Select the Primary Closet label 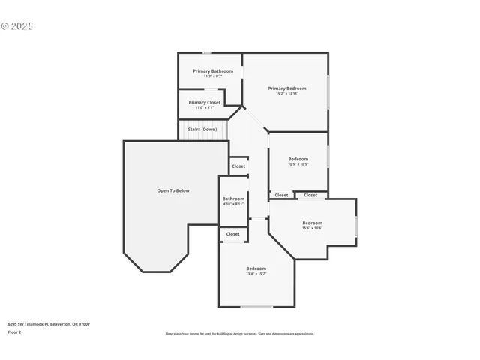[x=205, y=102]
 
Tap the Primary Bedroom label [x=287, y=88]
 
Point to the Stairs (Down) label [x=202, y=129]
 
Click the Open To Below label [x=173, y=190]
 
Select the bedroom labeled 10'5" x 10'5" [x=298, y=159]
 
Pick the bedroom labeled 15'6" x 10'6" [x=312, y=223]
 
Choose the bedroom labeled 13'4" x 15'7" [x=256, y=268]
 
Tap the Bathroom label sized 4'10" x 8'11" [x=233, y=199]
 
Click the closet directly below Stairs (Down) [x=238, y=166]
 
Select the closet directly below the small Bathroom [x=233, y=234]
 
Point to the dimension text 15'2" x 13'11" [x=287, y=94]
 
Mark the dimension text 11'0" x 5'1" [x=205, y=108]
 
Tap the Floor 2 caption [x=14, y=331]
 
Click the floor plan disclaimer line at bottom [x=239, y=334]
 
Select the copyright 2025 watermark [x=17, y=26]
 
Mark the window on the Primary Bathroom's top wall [x=207, y=52]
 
